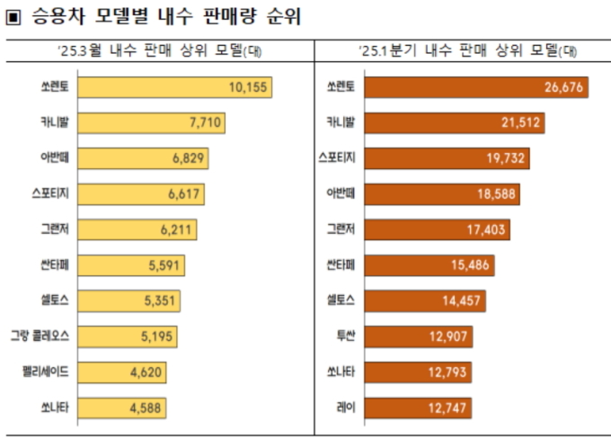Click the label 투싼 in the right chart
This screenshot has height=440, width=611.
[x=346, y=337]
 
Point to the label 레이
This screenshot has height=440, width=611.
[x=346, y=408]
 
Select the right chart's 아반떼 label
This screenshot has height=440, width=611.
[x=341, y=193]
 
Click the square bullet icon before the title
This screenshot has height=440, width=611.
[x=13, y=18]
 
